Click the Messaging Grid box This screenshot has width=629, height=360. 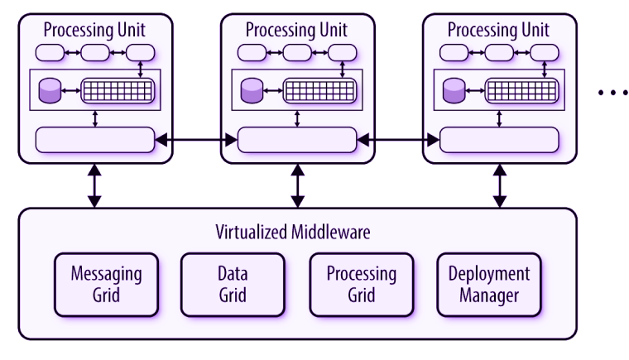[106, 285]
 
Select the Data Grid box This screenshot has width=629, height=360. [233, 285]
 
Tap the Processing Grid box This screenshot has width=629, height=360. [361, 285]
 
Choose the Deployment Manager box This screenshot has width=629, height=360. [488, 285]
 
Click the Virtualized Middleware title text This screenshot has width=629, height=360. [293, 232]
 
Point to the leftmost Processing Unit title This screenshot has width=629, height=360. [94, 30]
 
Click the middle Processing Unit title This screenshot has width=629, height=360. [296, 30]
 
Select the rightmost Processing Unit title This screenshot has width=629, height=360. [498, 30]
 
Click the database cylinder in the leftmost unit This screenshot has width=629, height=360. [51, 90]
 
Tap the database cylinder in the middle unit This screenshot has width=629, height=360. [252, 90]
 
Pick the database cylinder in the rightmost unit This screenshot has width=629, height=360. [454, 90]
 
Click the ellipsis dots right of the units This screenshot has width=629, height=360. [613, 93]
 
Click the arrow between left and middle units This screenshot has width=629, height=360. [196, 142]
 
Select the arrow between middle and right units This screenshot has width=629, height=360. [398, 142]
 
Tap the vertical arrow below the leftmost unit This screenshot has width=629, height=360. [95, 185]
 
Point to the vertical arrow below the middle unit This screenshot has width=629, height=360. [297, 185]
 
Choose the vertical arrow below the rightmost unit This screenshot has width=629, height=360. [499, 185]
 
